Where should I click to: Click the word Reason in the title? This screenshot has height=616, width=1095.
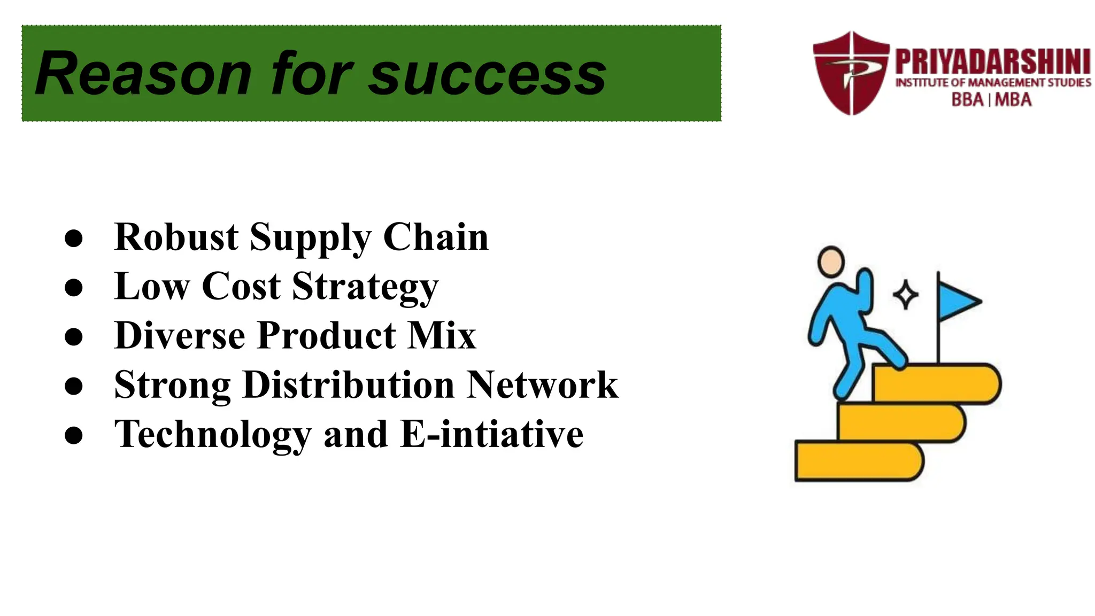[x=143, y=74]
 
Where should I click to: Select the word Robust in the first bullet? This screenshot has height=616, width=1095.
[x=176, y=237]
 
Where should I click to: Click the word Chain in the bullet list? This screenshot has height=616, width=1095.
[x=436, y=237]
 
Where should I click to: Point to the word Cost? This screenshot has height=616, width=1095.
[x=241, y=286]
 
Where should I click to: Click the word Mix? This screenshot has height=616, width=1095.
[x=442, y=336]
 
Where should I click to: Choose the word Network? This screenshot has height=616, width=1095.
[x=542, y=384]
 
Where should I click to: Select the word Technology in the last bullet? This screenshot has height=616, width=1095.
[x=213, y=434]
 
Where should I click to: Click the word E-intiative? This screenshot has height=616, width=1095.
[x=492, y=434]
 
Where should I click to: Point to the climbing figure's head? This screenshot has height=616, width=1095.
[x=831, y=261]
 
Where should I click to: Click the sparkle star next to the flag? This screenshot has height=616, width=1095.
[x=906, y=295]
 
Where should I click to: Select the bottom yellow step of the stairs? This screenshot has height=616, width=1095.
[x=858, y=461]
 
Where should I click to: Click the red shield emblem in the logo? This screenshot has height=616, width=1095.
[x=851, y=73]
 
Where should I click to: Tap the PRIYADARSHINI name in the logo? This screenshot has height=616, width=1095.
[x=993, y=62]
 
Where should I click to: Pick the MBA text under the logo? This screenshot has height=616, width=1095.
[x=1013, y=100]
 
